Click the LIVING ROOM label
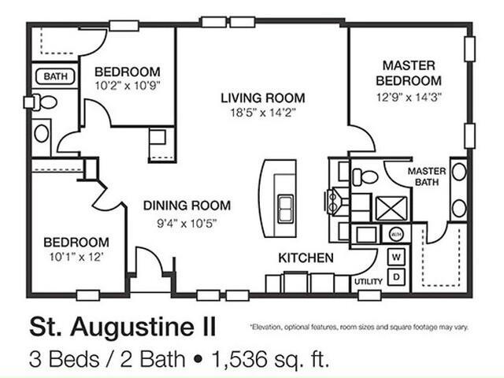[263, 98]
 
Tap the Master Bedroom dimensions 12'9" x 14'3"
[409, 97]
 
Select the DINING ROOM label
[187, 206]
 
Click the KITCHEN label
[306, 258]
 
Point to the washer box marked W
[396, 258]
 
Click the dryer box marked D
[396, 276]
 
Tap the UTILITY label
[369, 282]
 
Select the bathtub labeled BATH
[55, 76]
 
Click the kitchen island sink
[285, 209]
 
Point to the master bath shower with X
[391, 208]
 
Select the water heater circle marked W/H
[395, 234]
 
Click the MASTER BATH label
[427, 176]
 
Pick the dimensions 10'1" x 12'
[76, 258]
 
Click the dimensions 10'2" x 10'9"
[128, 86]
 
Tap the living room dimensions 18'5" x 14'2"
[263, 113]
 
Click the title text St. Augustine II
[123, 328]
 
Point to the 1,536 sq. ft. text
[270, 359]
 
